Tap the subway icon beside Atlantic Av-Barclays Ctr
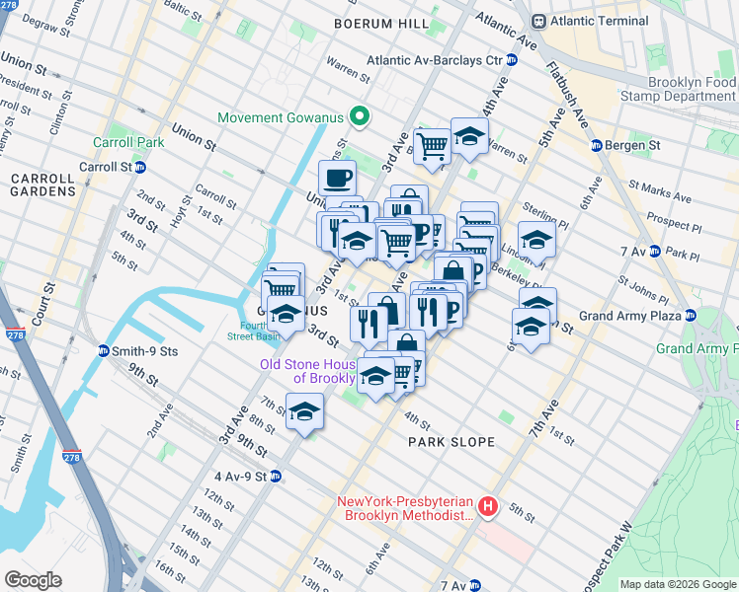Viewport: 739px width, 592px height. point(512,60)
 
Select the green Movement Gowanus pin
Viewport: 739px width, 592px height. point(360,117)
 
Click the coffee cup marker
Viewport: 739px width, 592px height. point(337,178)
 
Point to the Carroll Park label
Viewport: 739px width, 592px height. point(127,142)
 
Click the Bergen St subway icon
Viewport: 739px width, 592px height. point(597,146)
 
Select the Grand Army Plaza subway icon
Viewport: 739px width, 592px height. point(691,316)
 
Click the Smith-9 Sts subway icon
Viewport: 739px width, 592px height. point(103,350)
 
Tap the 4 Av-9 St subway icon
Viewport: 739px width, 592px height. point(276,476)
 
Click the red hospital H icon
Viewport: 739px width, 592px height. point(487,507)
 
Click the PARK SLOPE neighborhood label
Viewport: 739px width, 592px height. point(452,442)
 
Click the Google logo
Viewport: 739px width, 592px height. point(33,579)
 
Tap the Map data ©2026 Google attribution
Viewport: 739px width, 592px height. point(677,584)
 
